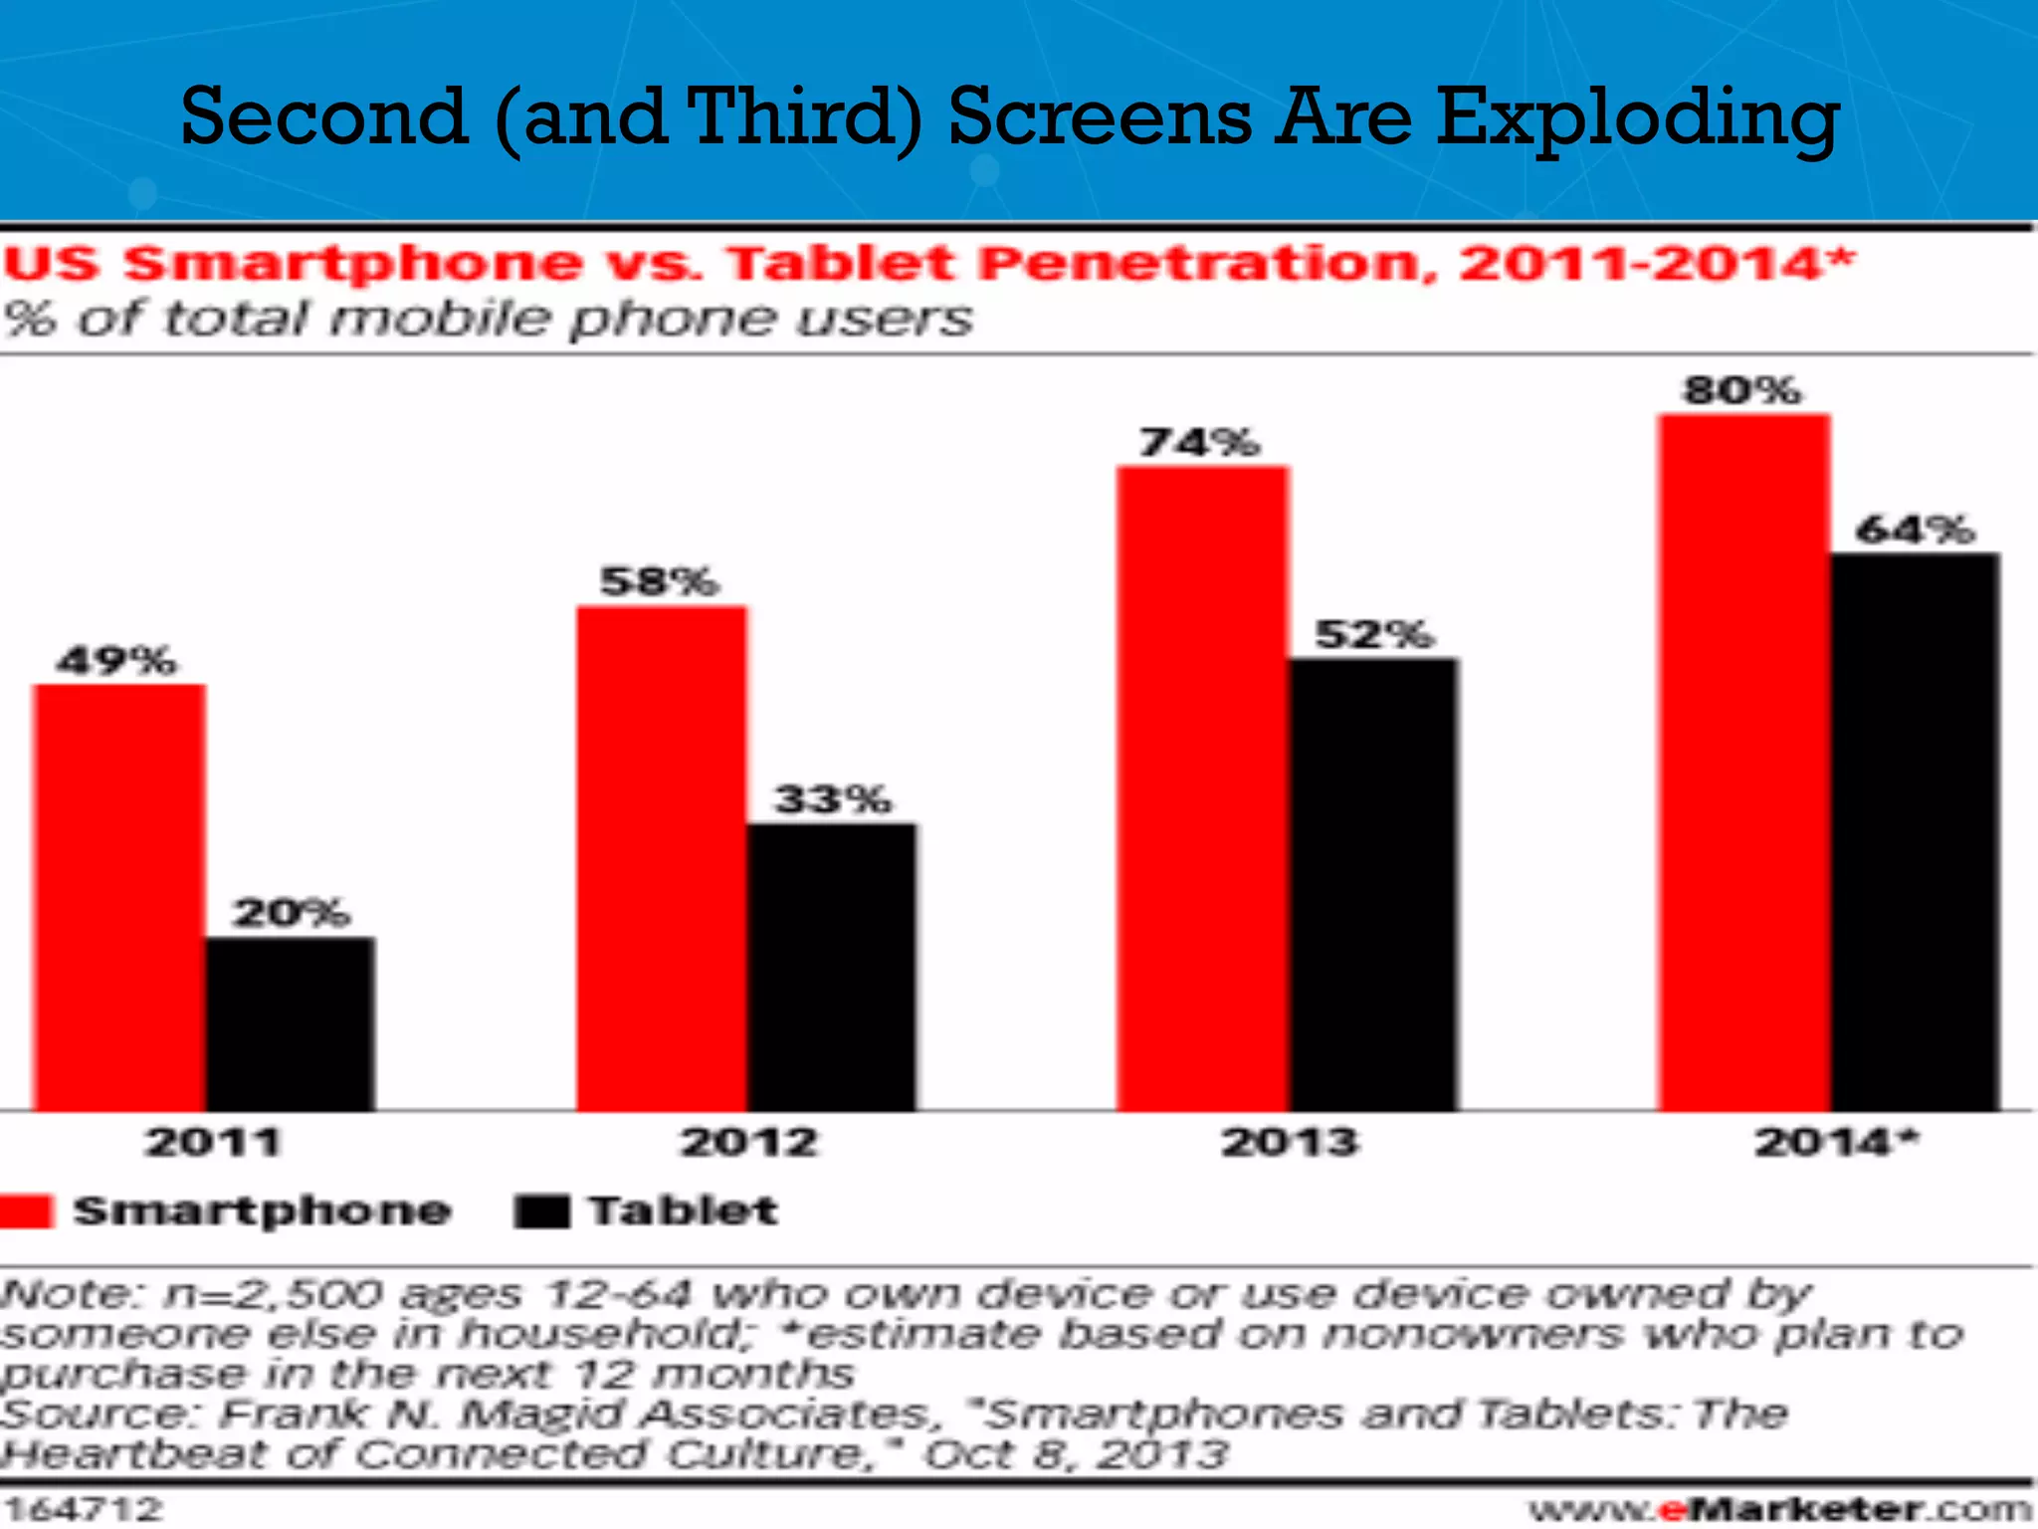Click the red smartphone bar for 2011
119,896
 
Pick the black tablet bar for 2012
832,966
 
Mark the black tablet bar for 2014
1915,831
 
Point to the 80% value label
1741,389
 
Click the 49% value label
116,660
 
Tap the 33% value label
834,798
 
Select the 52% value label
1374,634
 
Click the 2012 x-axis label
748,1141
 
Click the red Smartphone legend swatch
25,1211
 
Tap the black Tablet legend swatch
542,1211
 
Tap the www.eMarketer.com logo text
1780,1509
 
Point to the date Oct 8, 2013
1076,1454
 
